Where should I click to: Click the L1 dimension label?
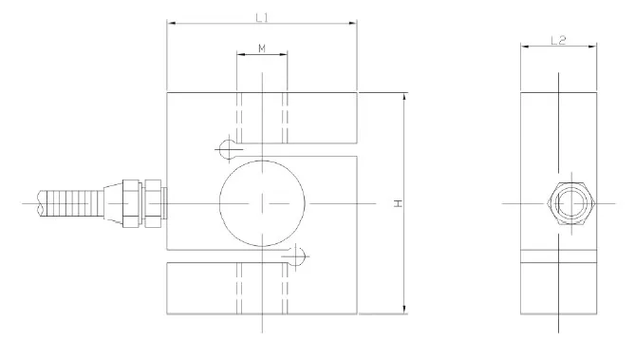(262, 17)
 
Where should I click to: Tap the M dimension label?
(262, 48)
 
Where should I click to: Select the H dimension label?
(399, 203)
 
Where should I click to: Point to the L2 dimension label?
(558, 40)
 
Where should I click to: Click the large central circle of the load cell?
(262, 161)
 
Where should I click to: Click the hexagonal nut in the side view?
(570, 203)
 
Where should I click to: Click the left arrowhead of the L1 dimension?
(171, 23)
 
